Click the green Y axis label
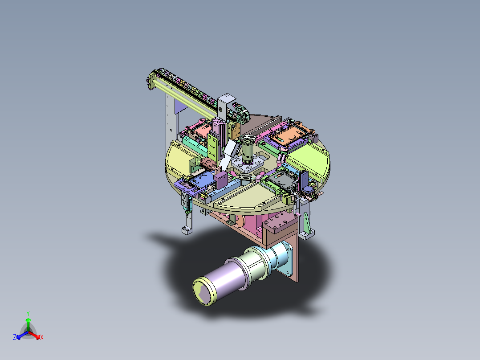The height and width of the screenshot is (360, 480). pos(28,313)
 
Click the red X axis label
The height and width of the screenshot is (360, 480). pos(42,337)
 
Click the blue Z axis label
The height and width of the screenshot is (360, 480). pos(15,337)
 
